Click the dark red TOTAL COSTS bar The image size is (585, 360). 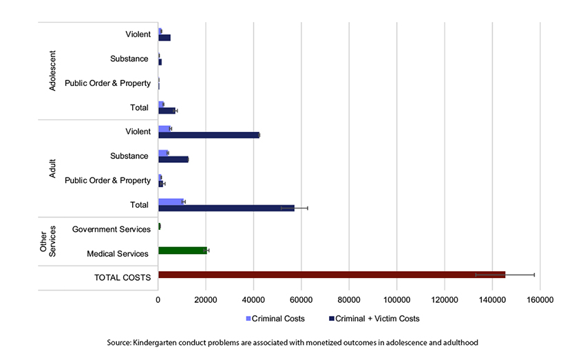(x=330, y=275)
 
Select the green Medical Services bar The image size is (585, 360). (x=182, y=251)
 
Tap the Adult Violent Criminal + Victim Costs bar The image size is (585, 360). (x=209, y=135)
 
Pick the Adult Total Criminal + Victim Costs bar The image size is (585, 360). (x=226, y=208)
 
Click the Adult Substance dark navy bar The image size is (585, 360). (x=173, y=160)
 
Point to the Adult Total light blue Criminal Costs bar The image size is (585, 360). (x=171, y=201)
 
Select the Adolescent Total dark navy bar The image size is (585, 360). (x=167, y=110)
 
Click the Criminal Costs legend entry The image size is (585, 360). (x=275, y=319)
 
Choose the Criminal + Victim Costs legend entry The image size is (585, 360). (x=374, y=319)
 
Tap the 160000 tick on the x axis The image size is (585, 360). (x=540, y=300)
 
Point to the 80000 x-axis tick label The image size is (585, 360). (x=349, y=300)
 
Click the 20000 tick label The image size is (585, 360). (x=206, y=300)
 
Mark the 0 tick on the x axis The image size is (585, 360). (x=158, y=300)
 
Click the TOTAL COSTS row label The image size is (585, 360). (x=122, y=277)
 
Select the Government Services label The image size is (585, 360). (x=111, y=229)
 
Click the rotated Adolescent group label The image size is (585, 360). (x=53, y=70)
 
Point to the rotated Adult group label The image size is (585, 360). (x=53, y=169)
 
